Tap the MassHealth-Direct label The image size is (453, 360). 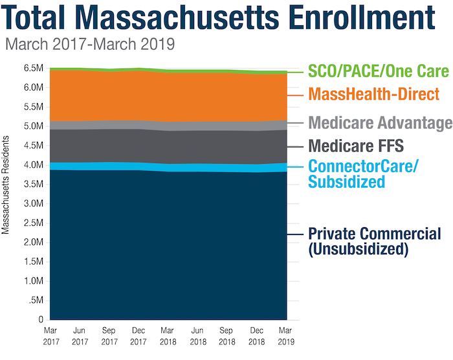[374, 95]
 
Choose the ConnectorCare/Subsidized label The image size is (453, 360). [363, 174]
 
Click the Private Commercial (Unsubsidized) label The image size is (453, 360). [366, 241]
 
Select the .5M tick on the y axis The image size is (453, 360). [36, 301]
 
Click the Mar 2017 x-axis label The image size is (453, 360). [50, 335]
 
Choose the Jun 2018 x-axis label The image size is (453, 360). [197, 335]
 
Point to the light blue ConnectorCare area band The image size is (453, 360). [168, 167]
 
